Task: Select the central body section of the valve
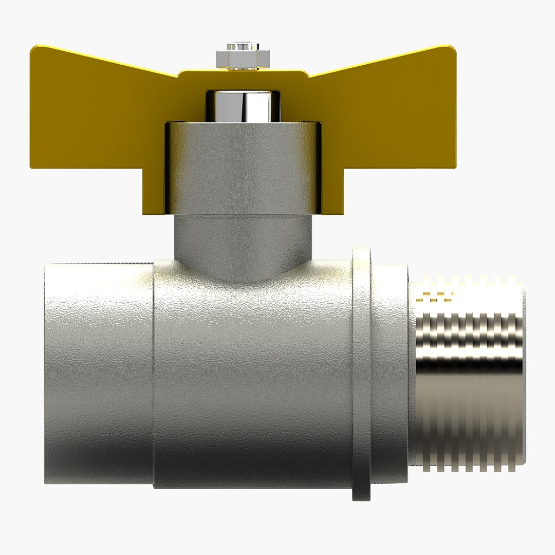point(252,375)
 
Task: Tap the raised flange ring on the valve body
point(361,375)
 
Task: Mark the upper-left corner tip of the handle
point(33,48)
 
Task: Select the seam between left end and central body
point(154,375)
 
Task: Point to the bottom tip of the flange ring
point(361,497)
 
